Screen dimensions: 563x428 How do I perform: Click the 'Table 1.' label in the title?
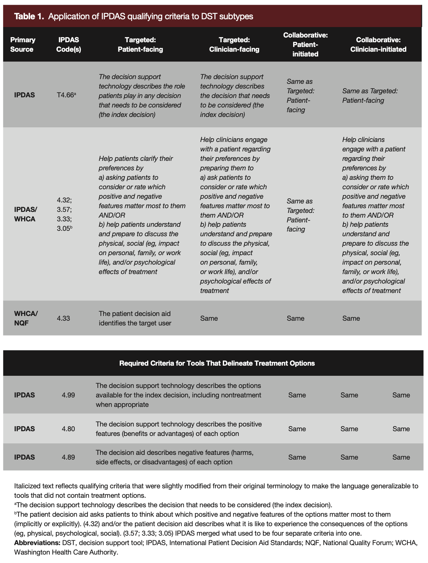click(x=29, y=16)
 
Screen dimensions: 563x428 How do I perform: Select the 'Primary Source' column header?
click(x=22, y=45)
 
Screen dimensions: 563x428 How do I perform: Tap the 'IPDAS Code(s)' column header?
click(x=69, y=45)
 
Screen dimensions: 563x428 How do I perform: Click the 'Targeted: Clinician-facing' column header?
click(x=234, y=45)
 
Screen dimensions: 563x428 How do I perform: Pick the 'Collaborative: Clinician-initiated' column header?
click(x=378, y=45)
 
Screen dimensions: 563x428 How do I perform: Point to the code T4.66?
click(x=66, y=95)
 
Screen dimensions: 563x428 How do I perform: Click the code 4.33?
click(x=63, y=318)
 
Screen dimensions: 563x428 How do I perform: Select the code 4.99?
click(x=68, y=395)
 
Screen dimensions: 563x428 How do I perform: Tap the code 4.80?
click(x=68, y=429)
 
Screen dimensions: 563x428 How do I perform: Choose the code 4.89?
click(x=68, y=457)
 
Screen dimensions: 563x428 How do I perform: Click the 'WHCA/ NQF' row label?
click(x=26, y=318)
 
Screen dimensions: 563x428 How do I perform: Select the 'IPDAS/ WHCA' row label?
click(x=25, y=214)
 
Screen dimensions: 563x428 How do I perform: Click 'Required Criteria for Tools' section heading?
click(x=217, y=363)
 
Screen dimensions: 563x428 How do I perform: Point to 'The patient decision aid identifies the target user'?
click(x=135, y=318)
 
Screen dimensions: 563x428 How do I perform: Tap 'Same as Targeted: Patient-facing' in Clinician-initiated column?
click(x=370, y=96)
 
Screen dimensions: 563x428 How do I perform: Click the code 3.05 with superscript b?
click(x=64, y=228)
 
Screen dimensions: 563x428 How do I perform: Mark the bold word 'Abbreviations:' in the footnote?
click(x=37, y=543)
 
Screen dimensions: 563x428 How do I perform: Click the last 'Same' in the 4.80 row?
click(x=401, y=429)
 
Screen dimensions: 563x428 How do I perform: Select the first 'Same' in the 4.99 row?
click(x=297, y=395)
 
